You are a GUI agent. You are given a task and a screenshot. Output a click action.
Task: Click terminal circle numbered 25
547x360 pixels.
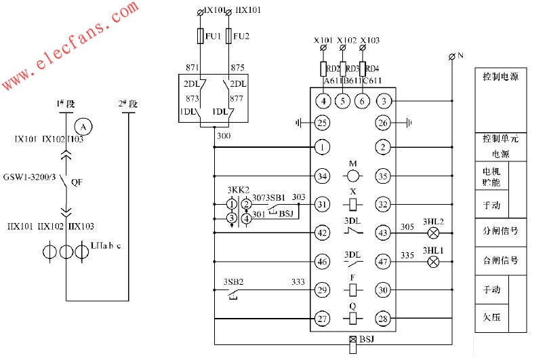pyautogui.click(x=323, y=123)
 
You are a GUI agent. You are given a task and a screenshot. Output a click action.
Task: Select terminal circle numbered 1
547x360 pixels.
pyautogui.click(x=323, y=146)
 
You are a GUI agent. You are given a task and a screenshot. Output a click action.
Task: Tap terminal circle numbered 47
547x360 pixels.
pyautogui.click(x=384, y=261)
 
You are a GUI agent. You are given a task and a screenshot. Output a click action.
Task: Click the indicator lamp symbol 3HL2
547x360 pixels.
pyautogui.click(x=434, y=233)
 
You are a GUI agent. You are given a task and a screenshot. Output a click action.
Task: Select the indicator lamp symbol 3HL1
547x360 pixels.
pyautogui.click(x=434, y=261)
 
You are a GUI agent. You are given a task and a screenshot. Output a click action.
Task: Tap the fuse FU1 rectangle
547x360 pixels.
pyautogui.click(x=201, y=35)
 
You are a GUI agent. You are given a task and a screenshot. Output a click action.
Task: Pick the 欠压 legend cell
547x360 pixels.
pyautogui.click(x=491, y=316)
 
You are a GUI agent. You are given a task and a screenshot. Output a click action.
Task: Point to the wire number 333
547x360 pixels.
pyautogui.click(x=298, y=281)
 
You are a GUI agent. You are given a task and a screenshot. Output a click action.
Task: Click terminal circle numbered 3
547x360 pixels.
pyautogui.click(x=384, y=102)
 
